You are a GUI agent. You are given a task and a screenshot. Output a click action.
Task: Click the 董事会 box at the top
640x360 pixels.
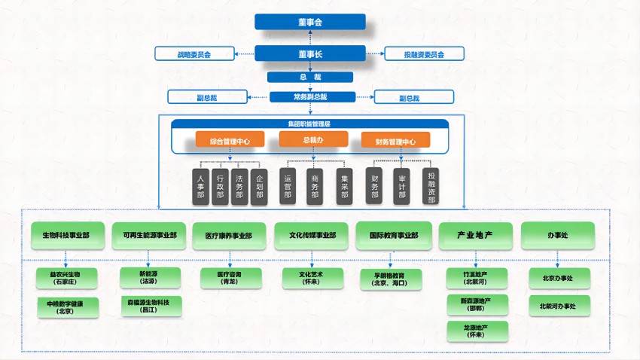coord(309,22)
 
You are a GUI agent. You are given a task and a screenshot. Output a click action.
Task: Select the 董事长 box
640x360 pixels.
coord(309,53)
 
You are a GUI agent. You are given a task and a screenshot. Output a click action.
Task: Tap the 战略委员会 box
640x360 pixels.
coord(194,54)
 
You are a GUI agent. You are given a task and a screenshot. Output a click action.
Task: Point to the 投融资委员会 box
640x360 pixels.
coord(424,54)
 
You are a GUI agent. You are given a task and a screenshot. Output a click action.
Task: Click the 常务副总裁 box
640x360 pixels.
coord(309,96)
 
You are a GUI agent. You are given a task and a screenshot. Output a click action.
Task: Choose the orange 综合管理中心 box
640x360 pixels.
coord(230,140)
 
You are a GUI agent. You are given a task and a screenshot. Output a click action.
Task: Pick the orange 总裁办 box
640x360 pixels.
coord(313,139)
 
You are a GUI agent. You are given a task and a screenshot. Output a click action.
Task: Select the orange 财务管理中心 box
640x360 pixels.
coord(395,140)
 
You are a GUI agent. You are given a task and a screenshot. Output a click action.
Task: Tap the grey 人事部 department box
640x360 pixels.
coord(200,185)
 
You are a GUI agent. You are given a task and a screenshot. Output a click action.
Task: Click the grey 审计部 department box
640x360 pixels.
coord(402,185)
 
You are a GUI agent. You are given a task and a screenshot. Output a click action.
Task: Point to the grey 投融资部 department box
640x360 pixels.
coord(431,185)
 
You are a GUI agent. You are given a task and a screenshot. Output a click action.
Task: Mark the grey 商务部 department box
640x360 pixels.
coord(315,185)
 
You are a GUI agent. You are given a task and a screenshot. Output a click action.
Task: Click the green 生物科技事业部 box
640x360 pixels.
coord(66,235)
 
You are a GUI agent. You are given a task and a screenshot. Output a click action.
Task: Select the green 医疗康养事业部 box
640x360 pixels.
coord(228,235)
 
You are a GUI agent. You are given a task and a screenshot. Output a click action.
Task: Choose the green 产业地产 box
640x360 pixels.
coord(474,235)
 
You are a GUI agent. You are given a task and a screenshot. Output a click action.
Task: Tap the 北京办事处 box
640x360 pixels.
coord(558,278)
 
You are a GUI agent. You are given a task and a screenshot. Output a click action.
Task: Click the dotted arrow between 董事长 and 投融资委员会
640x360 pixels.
coord(375,54)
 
